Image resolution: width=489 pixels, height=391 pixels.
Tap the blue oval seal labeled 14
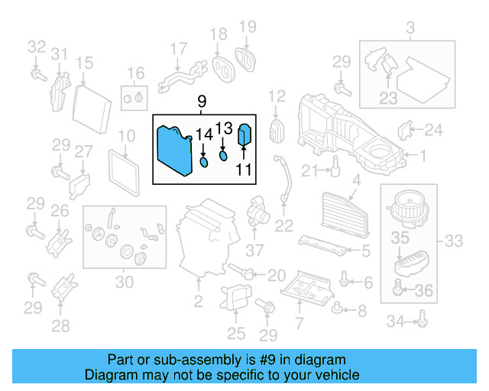[205, 162]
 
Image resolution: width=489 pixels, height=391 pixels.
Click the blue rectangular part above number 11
[246, 135]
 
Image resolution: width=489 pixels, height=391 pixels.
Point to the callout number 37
[254, 249]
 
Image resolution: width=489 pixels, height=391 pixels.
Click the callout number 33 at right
[454, 241]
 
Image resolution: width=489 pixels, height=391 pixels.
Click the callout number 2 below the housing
[198, 302]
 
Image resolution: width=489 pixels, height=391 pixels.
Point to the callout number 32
[37, 47]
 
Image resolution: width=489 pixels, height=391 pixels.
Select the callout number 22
[284, 225]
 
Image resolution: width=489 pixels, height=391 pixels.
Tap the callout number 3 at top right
[410, 30]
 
